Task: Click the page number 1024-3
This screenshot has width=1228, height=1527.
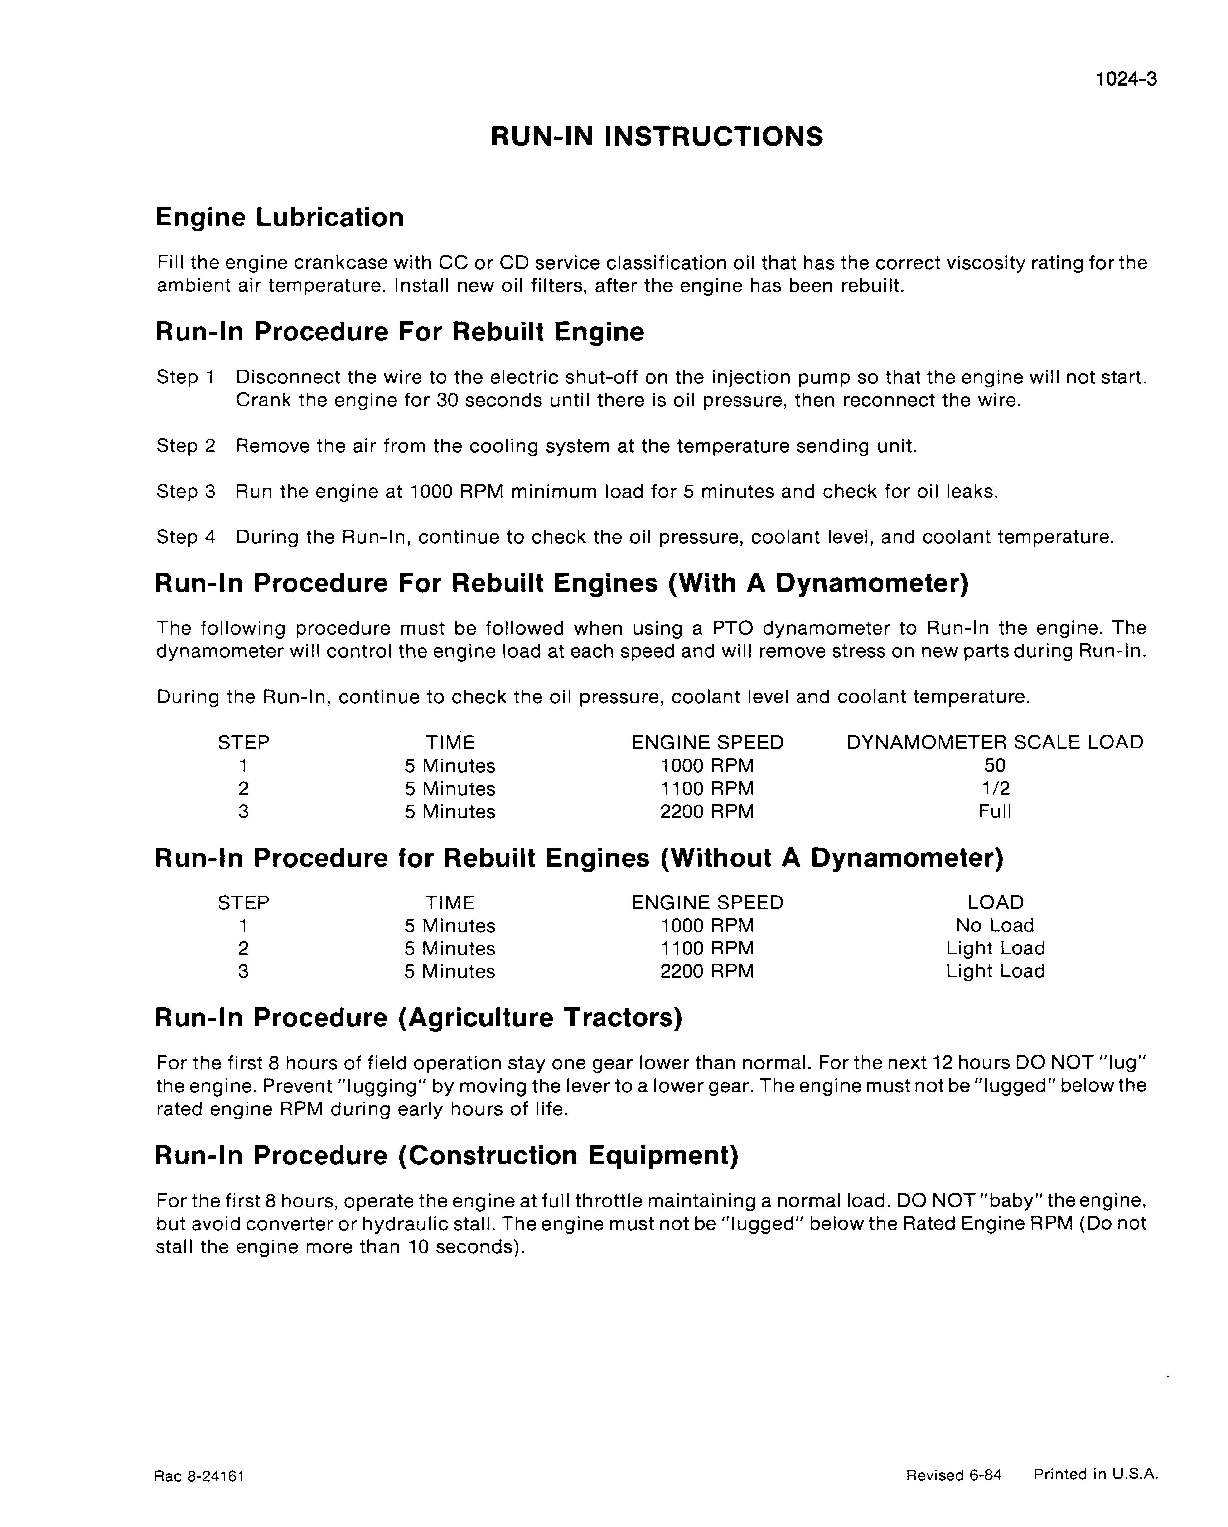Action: pos(1126,79)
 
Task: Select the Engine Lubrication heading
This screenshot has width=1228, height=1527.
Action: pos(279,217)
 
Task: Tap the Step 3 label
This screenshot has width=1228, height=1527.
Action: pos(186,492)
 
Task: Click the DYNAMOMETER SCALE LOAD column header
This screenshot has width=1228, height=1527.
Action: pos(995,742)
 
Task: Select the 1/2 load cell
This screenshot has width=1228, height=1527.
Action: pos(995,788)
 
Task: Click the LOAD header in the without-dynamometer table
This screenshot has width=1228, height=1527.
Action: pos(995,902)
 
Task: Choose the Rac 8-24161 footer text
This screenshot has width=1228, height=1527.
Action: pos(199,1476)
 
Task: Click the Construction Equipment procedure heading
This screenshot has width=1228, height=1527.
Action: pos(446,1155)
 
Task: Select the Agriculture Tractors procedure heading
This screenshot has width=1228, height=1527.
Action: pos(418,1018)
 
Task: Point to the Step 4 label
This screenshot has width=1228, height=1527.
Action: pos(186,537)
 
